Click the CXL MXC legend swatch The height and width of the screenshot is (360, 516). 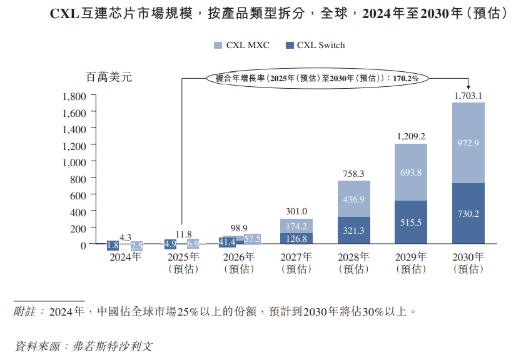click(x=218, y=45)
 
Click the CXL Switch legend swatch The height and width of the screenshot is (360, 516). click(x=290, y=45)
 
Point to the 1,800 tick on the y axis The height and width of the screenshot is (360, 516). click(x=74, y=96)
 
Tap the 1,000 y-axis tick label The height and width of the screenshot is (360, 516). click(x=74, y=162)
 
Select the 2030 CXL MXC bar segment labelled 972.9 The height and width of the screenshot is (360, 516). click(x=468, y=143)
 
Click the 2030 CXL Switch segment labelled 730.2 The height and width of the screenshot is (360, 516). click(x=468, y=214)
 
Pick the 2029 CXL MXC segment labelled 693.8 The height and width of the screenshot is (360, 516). click(x=411, y=172)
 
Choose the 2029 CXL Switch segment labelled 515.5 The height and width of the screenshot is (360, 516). click(x=411, y=222)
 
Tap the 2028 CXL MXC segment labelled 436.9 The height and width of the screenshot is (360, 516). click(x=354, y=199)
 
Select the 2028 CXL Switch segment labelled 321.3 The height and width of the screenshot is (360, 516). click(x=354, y=231)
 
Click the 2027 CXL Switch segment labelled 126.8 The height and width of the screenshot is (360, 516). click(x=296, y=239)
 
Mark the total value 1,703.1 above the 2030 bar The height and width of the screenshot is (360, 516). click(x=468, y=96)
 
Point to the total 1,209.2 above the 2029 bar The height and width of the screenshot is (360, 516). click(x=411, y=136)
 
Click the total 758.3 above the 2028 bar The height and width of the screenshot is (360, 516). click(x=354, y=173)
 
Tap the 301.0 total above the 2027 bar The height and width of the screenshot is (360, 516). click(x=296, y=211)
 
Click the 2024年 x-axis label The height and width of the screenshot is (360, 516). click(x=124, y=257)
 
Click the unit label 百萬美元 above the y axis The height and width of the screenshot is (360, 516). click(x=108, y=77)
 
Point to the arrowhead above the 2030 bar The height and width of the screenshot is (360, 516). click(x=468, y=87)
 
